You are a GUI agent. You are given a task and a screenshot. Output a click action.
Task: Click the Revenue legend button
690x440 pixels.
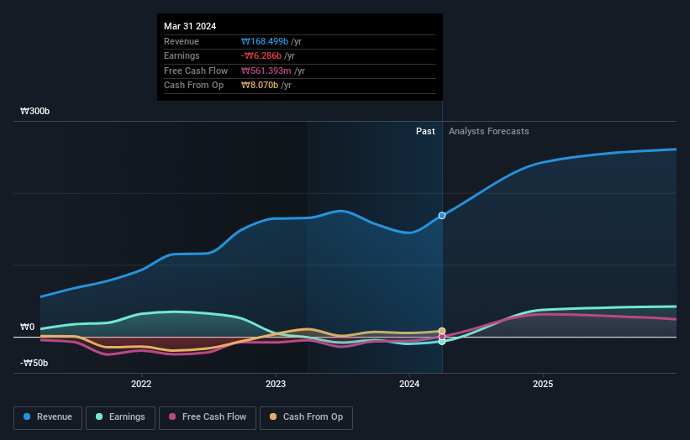49,417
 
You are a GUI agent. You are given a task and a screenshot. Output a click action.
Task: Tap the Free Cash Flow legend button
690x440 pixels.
208,417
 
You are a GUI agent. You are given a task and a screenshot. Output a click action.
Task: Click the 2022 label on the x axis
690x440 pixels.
141,385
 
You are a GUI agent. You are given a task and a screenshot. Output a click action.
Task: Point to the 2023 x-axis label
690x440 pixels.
275,385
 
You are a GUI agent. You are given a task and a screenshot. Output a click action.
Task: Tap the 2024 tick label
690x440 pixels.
409,385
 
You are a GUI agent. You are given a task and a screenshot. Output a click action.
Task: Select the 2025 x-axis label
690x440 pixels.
543,385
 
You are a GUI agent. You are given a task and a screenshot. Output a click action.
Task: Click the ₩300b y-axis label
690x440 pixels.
35,111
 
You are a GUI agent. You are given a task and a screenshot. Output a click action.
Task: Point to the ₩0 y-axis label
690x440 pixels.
28,327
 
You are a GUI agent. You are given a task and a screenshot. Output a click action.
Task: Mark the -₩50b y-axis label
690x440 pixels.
34,363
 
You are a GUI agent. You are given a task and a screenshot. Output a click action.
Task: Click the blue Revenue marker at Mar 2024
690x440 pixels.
442,216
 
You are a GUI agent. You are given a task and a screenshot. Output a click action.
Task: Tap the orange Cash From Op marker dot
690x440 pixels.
442,331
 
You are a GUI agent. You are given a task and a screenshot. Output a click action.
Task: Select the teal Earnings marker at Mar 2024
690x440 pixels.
442,341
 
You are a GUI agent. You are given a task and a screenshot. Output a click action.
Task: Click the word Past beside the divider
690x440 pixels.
425,131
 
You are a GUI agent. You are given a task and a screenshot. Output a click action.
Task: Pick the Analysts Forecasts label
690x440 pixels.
489,131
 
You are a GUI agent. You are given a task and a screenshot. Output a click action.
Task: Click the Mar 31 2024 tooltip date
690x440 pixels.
190,26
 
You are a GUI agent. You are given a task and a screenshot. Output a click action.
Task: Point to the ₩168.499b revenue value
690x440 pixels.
265,40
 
